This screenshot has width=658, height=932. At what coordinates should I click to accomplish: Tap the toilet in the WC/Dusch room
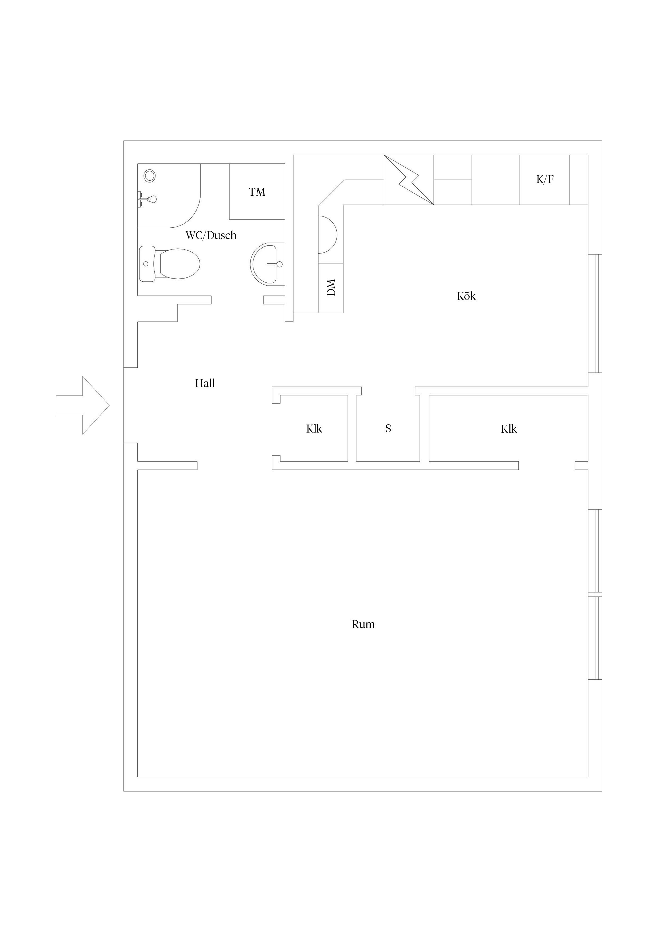170,264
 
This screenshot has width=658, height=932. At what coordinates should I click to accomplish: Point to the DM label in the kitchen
331,287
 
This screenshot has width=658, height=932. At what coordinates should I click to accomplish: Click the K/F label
545,179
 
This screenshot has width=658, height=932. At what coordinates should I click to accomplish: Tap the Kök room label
466,296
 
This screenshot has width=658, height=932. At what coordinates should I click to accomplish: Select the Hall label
205,383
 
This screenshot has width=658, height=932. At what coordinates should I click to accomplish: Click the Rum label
363,624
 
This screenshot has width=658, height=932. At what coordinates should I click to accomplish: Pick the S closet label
388,429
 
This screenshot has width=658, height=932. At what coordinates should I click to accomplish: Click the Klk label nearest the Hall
314,429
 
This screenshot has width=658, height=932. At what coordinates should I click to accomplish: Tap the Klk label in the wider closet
509,429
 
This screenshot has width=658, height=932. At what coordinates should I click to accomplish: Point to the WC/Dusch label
211,235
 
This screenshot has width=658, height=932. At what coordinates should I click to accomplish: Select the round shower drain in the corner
150,176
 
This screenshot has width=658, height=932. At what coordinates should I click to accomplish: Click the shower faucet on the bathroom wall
147,199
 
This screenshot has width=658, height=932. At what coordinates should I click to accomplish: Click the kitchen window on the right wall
595,314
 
